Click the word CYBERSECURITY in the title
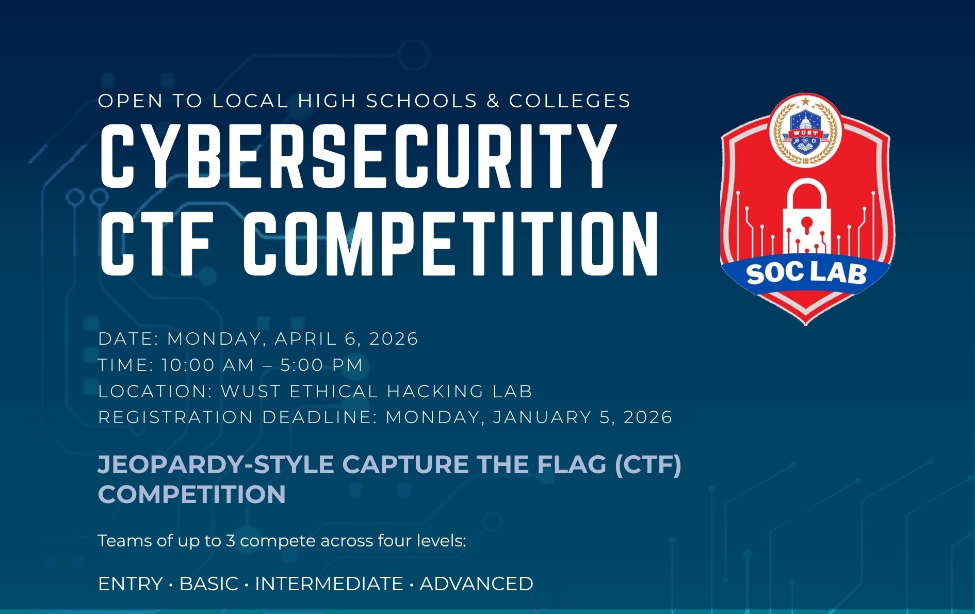[358, 156]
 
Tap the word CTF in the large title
[156, 244]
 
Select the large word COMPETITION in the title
[451, 244]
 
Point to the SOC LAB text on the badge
[806, 273]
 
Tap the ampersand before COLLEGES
[493, 101]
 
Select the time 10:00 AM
[207, 365]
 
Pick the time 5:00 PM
[321, 365]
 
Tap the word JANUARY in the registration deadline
[542, 417]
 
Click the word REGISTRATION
[176, 417]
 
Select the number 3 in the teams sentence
[231, 541]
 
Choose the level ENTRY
[131, 584]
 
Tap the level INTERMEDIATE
[329, 584]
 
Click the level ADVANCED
[476, 584]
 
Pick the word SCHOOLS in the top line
[421, 101]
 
